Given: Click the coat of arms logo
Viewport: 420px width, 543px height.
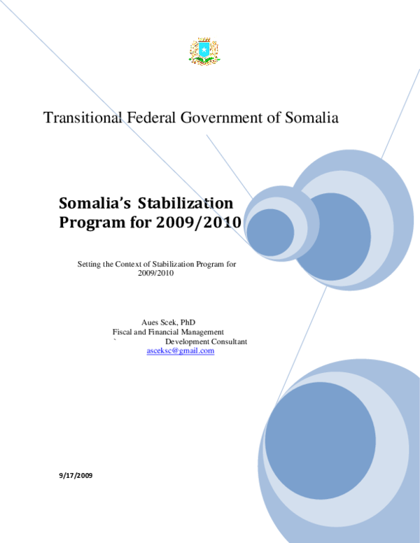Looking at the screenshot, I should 205,51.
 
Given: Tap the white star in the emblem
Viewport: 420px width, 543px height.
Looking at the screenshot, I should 204,49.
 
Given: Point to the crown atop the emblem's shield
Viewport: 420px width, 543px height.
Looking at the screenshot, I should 204,39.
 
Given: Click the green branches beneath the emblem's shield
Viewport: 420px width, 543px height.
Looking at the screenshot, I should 204,62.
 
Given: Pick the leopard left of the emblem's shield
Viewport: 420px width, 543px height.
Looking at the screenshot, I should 195,50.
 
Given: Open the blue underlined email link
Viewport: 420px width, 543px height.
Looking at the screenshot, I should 181,351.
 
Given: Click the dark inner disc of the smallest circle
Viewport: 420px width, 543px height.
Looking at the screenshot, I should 269,232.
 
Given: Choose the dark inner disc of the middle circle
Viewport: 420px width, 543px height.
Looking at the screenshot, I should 339,237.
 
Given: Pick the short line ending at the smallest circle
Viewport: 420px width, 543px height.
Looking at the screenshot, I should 227,164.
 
